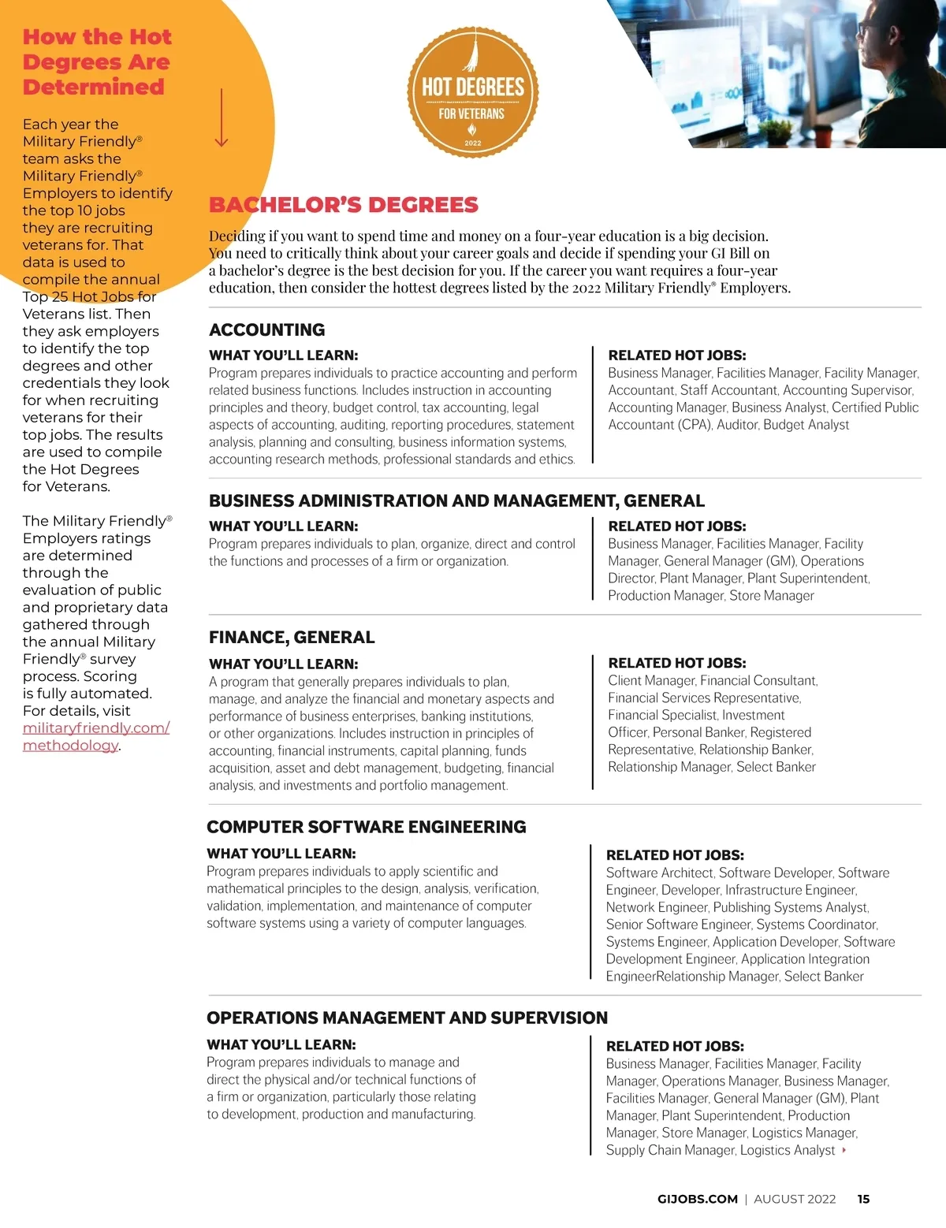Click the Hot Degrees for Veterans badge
click(x=473, y=92)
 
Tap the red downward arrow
click(x=222, y=118)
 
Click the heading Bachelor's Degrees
click(x=343, y=205)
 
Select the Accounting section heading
click(x=266, y=329)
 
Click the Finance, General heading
click(x=292, y=637)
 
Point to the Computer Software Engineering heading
click(x=366, y=827)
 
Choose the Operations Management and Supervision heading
click(x=407, y=1018)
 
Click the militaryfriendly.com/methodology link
click(x=95, y=736)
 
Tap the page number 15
click(x=863, y=1199)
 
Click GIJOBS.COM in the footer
click(x=697, y=1199)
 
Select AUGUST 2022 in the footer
click(x=794, y=1199)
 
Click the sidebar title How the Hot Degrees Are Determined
click(x=96, y=62)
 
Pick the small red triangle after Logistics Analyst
click(x=844, y=1150)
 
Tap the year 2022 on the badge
click(x=473, y=143)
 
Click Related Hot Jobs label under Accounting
click(x=676, y=355)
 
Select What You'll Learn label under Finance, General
click(x=283, y=664)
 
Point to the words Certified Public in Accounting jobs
click(x=875, y=407)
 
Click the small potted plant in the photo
click(x=777, y=129)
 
